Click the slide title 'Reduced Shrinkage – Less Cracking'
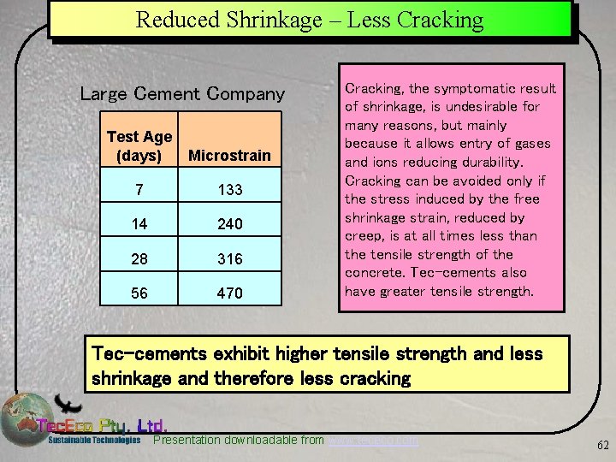(309, 20)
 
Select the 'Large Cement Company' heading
(182, 93)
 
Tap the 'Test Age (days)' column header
(139, 145)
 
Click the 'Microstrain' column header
(229, 156)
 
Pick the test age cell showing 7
(139, 189)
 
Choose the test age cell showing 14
(139, 224)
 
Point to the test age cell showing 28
(139, 258)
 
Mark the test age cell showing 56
(139, 293)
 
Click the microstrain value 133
(229, 189)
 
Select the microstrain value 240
(229, 224)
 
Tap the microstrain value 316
(229, 258)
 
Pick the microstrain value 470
(229, 293)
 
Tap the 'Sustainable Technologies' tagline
(94, 440)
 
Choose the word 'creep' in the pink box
(363, 236)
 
